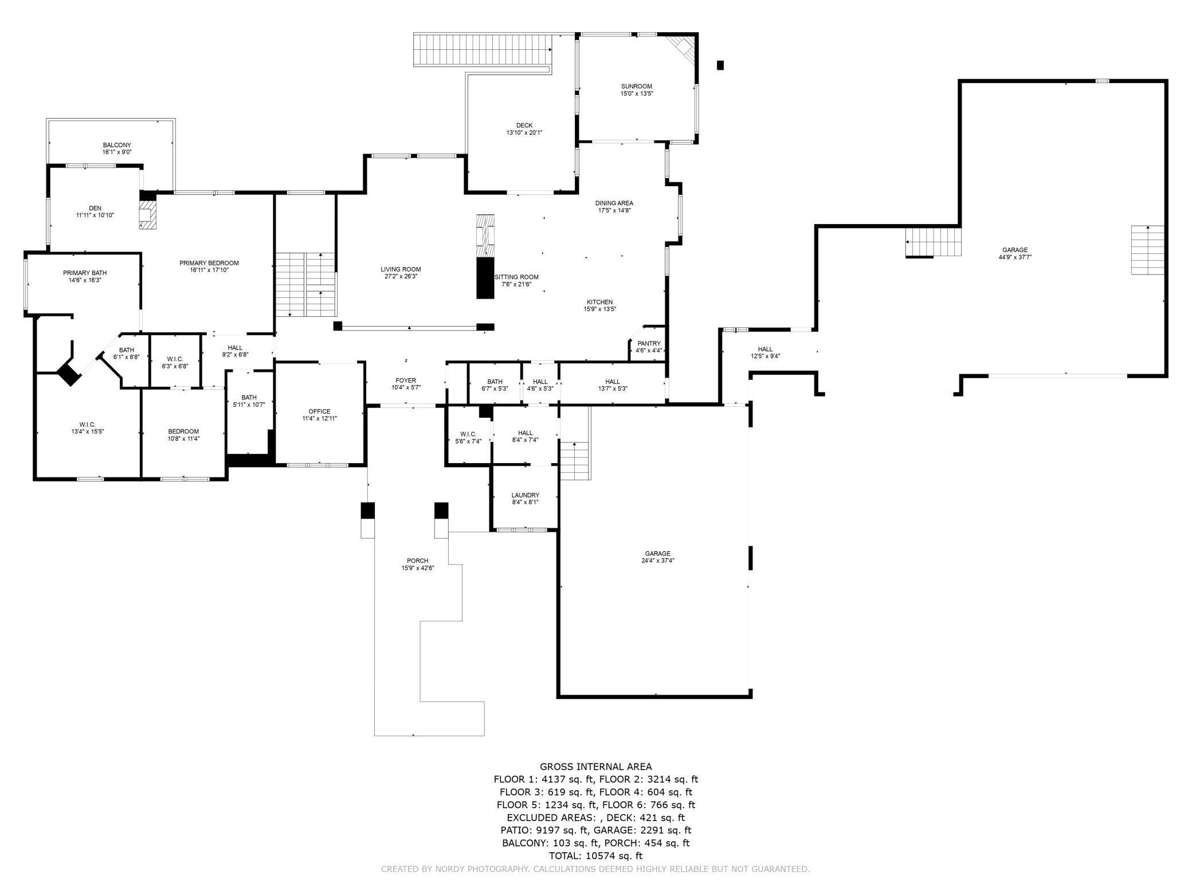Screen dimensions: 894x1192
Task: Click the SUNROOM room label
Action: tap(636, 87)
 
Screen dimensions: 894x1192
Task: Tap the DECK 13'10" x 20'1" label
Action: tap(524, 129)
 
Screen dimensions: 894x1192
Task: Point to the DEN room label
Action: tap(95, 209)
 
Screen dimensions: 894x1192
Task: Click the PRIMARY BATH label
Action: tap(85, 273)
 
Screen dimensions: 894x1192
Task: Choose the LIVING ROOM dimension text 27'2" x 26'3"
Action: tap(401, 276)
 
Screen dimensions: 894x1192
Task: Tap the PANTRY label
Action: tap(649, 344)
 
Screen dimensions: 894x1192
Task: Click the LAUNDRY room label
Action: tap(525, 495)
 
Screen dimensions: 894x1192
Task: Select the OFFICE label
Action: tap(319, 411)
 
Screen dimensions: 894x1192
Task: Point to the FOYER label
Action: tap(406, 381)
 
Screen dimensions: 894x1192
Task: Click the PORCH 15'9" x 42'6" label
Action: tap(417, 564)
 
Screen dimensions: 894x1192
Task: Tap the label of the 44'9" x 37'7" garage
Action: tap(1014, 253)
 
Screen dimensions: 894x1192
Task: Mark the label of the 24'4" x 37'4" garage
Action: tap(657, 557)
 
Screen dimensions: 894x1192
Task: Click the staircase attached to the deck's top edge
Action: tap(483, 49)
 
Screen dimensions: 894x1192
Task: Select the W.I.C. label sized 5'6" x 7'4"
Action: tap(468, 437)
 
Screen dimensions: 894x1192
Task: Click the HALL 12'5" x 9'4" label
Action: tap(765, 352)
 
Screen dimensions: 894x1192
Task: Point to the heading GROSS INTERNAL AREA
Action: tap(595, 766)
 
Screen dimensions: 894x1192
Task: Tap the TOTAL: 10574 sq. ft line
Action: tap(595, 856)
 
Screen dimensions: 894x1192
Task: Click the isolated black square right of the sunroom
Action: tap(720, 65)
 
